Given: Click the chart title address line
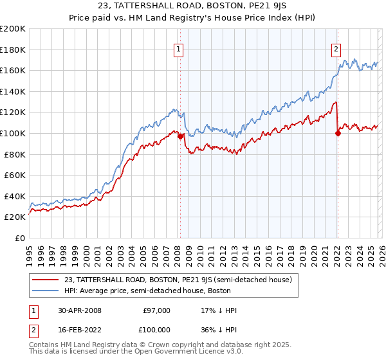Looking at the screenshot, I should point(193,7).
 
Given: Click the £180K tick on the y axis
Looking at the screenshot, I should point(13,49).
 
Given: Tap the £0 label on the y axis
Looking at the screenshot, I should point(19,238).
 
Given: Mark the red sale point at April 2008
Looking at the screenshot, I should point(180,136).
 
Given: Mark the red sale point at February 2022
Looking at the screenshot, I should point(338,134).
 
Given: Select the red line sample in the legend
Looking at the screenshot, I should point(46,280).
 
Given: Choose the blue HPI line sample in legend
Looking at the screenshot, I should point(46,291).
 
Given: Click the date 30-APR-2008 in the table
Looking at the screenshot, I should point(80,310).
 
